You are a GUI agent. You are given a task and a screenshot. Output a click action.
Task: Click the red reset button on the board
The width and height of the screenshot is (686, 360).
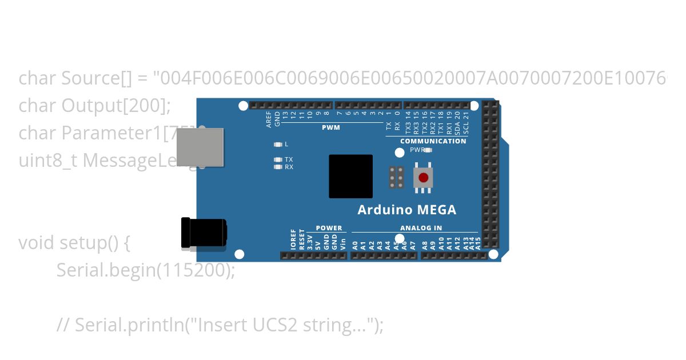423,178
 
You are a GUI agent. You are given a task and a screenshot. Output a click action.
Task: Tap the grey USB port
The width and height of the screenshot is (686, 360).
200,147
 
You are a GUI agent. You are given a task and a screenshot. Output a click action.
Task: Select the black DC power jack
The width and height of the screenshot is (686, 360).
203,233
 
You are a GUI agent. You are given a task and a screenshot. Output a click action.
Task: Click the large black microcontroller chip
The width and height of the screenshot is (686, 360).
350,177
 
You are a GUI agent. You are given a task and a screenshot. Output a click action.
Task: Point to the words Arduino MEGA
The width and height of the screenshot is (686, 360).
407,210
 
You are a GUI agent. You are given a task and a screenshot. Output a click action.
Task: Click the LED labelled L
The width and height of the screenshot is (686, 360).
278,145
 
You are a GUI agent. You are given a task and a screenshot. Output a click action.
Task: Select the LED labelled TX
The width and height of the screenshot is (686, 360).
278,159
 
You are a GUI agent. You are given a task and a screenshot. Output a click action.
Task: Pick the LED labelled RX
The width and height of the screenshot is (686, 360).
278,167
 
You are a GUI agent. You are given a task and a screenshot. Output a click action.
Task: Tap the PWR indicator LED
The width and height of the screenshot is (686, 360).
428,150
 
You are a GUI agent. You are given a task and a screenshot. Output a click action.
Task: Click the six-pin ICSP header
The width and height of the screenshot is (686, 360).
396,178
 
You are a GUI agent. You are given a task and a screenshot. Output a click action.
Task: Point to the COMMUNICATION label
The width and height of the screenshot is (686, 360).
433,141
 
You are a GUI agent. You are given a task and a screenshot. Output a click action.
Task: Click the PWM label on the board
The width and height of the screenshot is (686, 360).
331,127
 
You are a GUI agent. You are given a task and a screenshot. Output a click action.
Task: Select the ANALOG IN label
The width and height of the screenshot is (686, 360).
421,228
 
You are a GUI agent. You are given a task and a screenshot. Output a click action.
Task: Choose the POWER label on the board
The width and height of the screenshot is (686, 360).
329,228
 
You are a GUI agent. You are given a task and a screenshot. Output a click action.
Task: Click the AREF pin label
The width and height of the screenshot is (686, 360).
269,119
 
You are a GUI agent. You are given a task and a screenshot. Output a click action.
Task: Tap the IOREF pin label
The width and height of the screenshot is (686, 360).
294,240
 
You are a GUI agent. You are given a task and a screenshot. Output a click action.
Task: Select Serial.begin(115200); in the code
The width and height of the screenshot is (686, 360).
146,270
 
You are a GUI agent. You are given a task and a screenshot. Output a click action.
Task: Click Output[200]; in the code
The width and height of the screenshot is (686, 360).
117,106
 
